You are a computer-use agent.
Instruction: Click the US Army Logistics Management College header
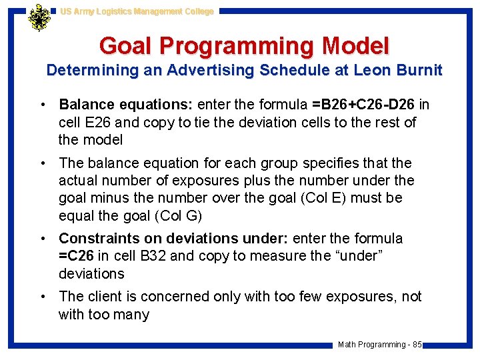click(x=137, y=11)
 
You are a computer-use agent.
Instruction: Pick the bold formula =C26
click(x=77, y=256)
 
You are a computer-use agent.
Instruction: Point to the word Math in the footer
click(x=347, y=345)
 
